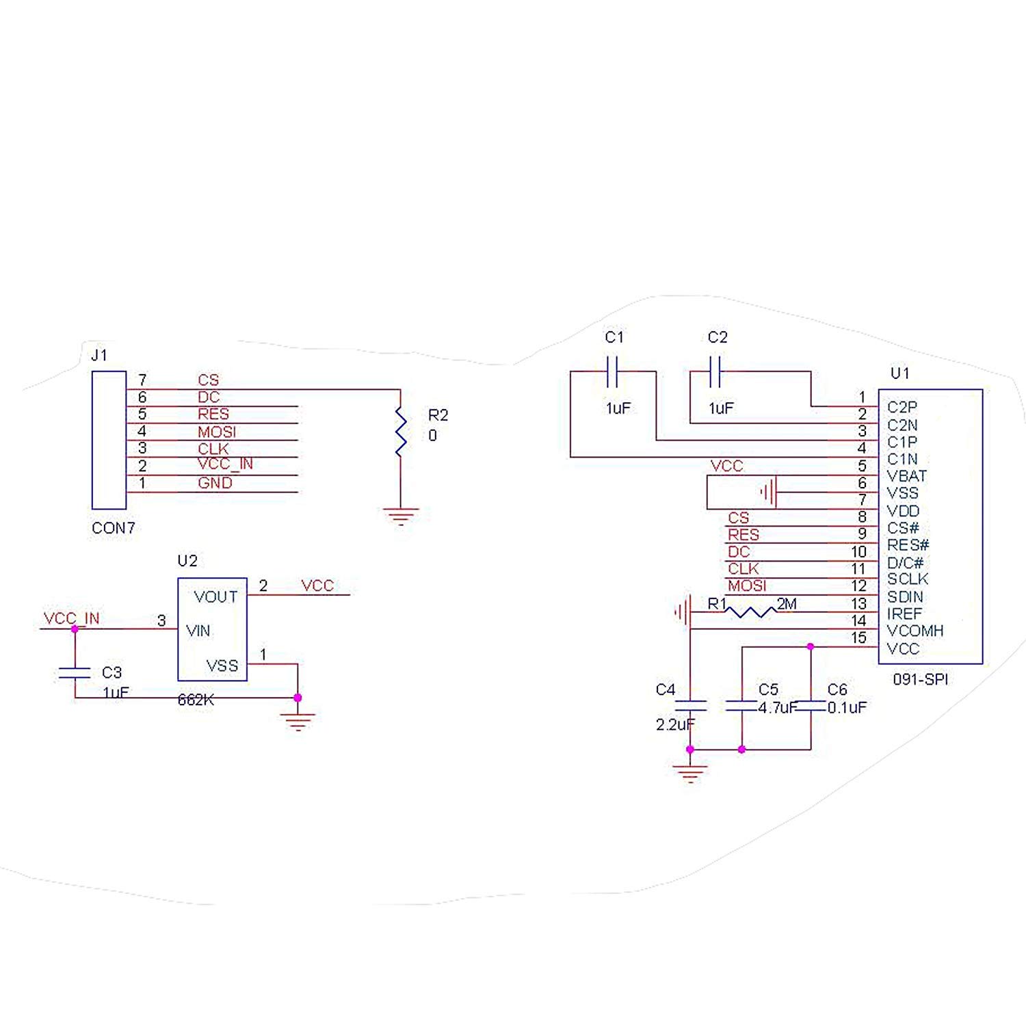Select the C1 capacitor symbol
click(x=613, y=371)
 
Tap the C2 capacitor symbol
click(x=715, y=371)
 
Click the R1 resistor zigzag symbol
click(x=750, y=611)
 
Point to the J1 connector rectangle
click(x=109, y=440)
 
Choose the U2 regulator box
click(x=212, y=629)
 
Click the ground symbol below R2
click(x=401, y=516)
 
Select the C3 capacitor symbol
click(x=75, y=672)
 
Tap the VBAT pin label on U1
click(x=907, y=476)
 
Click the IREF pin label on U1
click(x=904, y=614)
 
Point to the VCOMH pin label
click(x=915, y=631)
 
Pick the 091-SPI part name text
click(x=920, y=680)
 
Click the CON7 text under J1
click(x=114, y=528)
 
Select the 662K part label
click(x=196, y=700)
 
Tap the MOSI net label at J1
click(x=217, y=432)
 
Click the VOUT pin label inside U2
click(x=215, y=597)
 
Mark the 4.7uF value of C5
click(x=778, y=707)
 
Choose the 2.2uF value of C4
click(x=676, y=724)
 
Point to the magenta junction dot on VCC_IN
click(x=75, y=629)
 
